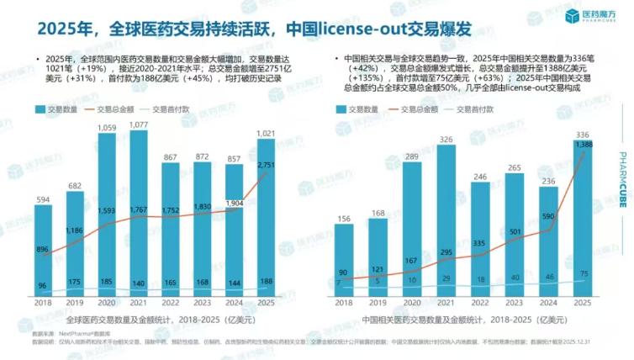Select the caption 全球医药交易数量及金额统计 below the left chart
pos(126,320)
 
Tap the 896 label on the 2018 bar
pos(44,249)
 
